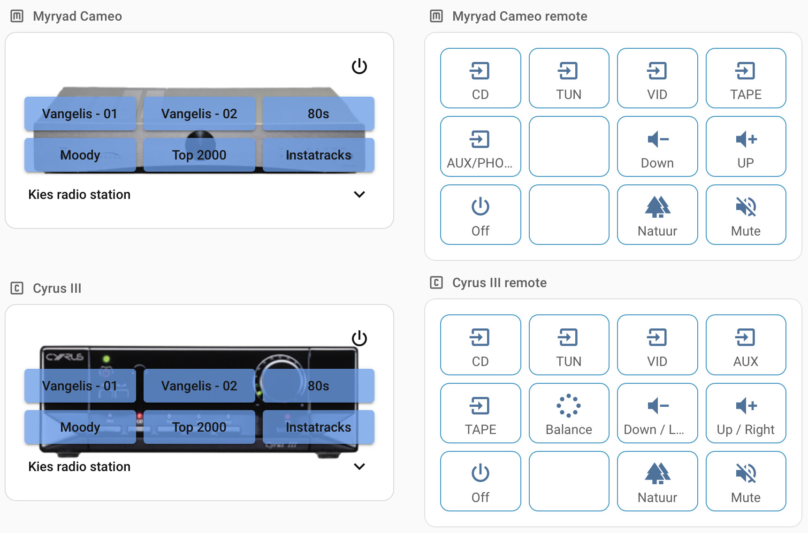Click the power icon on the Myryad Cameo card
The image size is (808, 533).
tap(359, 66)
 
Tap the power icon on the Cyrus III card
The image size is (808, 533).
tap(359, 338)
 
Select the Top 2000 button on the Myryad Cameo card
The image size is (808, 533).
tap(199, 155)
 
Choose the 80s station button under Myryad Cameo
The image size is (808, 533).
tap(318, 114)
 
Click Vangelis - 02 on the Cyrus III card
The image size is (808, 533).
tap(199, 386)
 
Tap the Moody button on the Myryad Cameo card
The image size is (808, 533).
tap(80, 155)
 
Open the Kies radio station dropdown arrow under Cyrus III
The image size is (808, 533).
tap(359, 466)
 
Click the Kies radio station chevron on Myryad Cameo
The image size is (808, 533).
tap(359, 194)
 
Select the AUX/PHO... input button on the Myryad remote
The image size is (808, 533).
tap(480, 146)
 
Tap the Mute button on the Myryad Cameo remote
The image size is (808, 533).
tap(746, 215)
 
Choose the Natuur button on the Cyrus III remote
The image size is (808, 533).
tap(657, 481)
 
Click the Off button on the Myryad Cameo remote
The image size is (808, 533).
tap(480, 215)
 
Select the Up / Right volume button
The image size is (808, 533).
tap(746, 413)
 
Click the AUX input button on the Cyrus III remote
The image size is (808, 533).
tap(746, 345)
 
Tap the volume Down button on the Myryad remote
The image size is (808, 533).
tap(657, 146)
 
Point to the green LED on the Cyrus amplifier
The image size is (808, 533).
tap(107, 359)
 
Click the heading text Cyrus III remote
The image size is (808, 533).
tap(499, 282)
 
